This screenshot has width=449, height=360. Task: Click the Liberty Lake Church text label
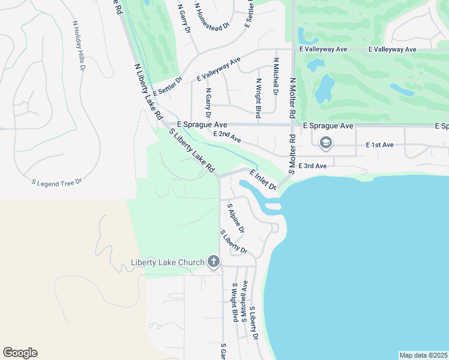(167, 262)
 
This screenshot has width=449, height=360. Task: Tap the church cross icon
(213, 262)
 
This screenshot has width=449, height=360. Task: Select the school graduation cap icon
(326, 143)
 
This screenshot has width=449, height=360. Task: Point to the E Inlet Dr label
(262, 180)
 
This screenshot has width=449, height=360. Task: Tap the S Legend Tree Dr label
(56, 181)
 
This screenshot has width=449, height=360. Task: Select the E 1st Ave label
(379, 145)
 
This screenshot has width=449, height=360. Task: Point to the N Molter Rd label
(292, 97)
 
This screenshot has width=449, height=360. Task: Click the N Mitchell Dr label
(276, 76)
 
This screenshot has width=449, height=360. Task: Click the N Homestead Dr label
(212, 17)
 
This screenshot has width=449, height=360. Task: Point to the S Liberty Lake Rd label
(191, 151)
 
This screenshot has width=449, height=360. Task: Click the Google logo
(20, 353)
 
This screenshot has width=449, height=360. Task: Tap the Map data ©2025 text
(423, 355)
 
